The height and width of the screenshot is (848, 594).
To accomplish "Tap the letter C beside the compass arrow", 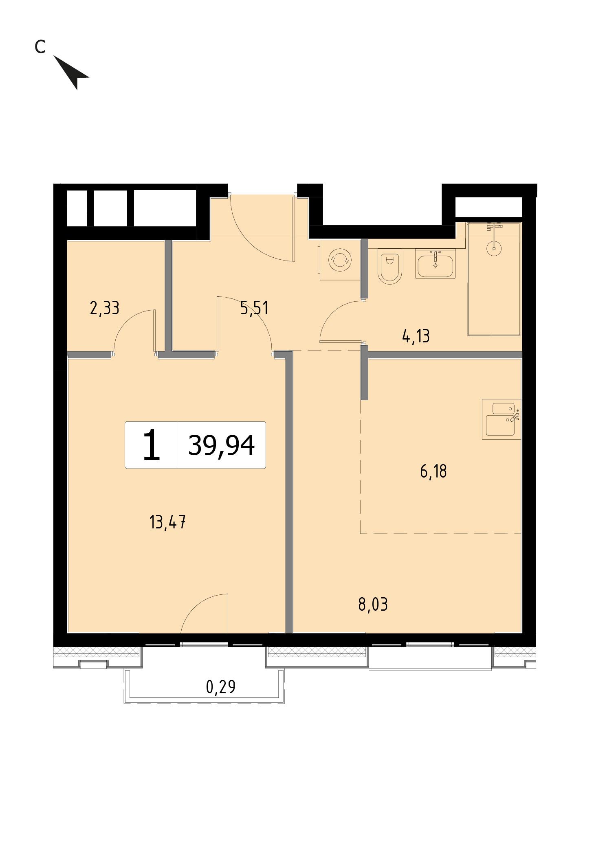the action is point(40,47).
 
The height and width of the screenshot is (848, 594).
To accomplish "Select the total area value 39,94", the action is point(221,445).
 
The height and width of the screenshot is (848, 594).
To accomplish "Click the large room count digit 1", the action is point(152,445).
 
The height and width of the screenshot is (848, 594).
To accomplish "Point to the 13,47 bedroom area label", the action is point(168,522).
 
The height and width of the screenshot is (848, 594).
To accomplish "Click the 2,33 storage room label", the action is point(104,308).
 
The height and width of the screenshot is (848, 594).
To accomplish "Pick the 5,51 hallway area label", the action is point(254,308).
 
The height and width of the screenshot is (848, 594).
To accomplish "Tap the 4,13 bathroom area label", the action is point(416,337).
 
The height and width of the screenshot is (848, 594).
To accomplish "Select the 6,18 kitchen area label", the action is point(433,471).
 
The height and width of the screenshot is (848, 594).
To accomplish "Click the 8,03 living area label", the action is point(373,605).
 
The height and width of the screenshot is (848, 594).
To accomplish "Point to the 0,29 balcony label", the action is point(221,687).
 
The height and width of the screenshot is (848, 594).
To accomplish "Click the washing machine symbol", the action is point(340,260).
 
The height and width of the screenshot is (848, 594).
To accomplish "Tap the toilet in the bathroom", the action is point(390,267).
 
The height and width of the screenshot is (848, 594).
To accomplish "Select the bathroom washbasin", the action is point(436,264).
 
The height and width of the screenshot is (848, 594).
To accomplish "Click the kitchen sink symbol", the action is point(502,419).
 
